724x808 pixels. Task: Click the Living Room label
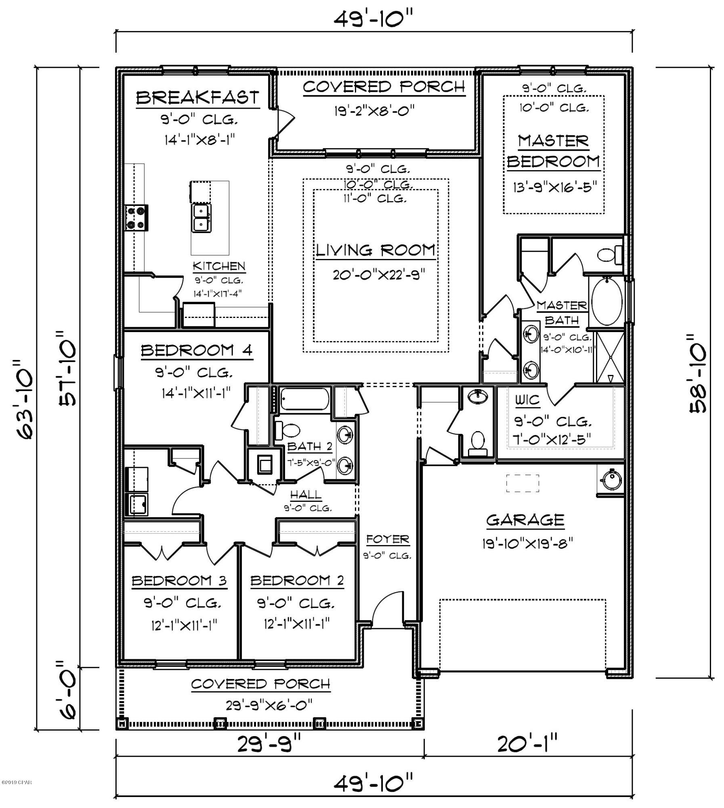coord(375,250)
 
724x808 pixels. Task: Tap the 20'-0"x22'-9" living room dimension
coord(379,275)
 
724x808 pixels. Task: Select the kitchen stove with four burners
coord(136,218)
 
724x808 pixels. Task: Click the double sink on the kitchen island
coord(201,218)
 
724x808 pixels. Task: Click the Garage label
coord(525,520)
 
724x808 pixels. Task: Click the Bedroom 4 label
coord(197,350)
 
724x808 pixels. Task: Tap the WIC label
coord(527,400)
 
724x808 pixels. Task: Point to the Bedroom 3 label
coord(179,581)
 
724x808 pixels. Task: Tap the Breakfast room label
coord(197,97)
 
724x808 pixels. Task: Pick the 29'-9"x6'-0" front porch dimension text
coord(269,705)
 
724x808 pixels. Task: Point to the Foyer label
coord(388,539)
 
